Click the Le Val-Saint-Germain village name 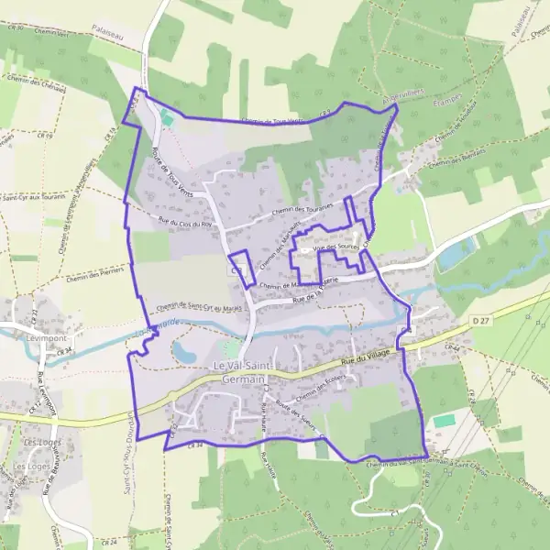[x=243, y=373]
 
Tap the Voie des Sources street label [x=335, y=247]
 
